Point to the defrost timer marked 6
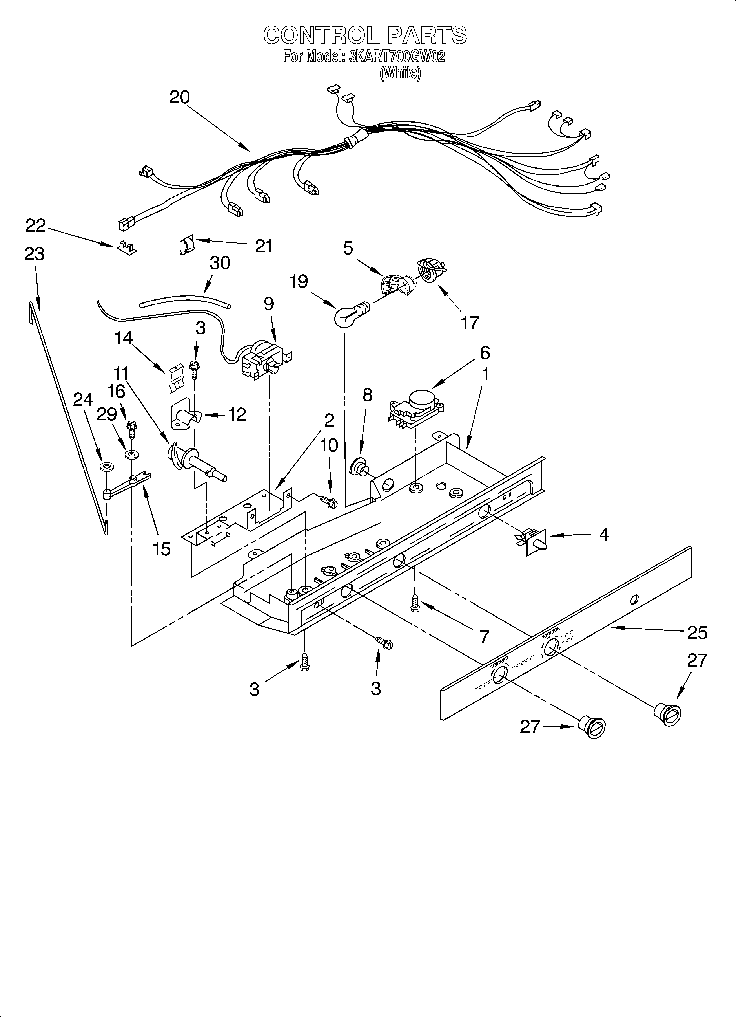coord(417,406)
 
